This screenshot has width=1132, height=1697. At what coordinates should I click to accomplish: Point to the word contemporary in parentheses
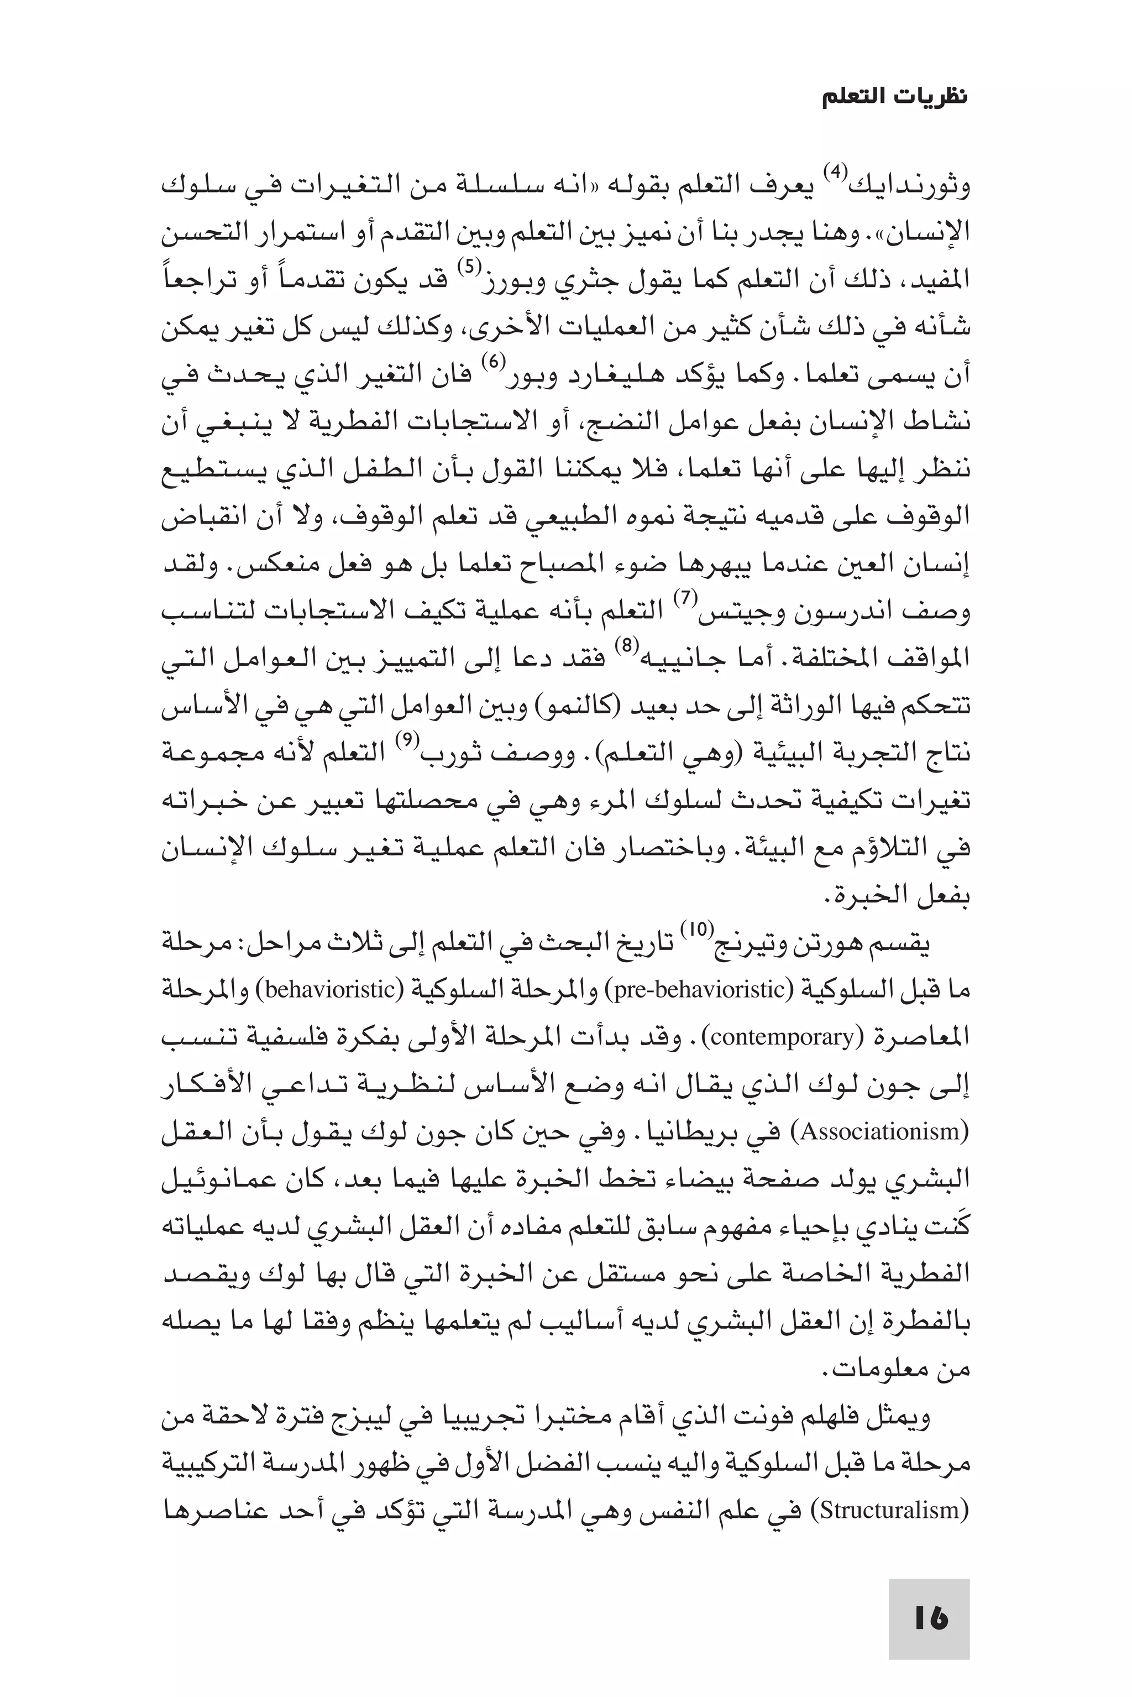(786, 1037)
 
